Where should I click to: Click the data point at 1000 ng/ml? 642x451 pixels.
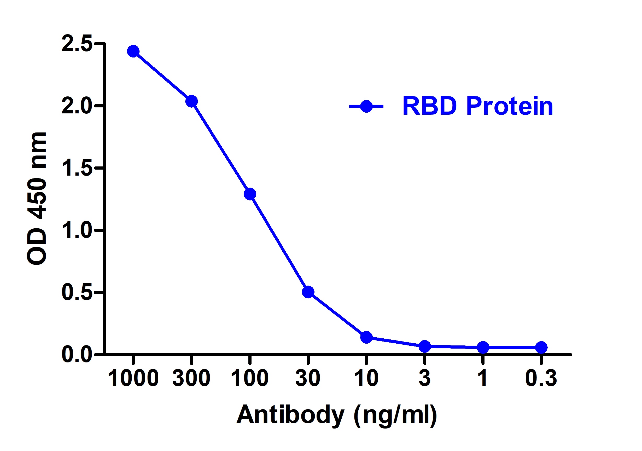tap(133, 51)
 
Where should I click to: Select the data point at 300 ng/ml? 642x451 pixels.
tap(191, 101)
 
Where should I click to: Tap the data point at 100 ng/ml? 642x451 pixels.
tap(250, 194)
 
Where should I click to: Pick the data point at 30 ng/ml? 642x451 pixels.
tap(308, 292)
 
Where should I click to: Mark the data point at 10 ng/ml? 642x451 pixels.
tap(366, 337)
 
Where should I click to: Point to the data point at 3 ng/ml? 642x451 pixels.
tap(424, 346)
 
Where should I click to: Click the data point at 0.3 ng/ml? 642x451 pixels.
tap(541, 348)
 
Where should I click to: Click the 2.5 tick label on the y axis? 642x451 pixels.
tap(77, 44)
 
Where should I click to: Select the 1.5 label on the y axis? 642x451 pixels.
tap(77, 168)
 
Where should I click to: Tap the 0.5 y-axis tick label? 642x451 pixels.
tap(77, 293)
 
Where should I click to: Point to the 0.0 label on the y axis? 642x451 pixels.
tap(77, 355)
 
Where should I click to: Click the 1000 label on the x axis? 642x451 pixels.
tap(133, 378)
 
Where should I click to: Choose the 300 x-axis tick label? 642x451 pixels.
tap(191, 378)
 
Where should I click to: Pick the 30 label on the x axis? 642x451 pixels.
tap(308, 378)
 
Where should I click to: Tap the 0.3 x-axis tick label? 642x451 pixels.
tap(541, 378)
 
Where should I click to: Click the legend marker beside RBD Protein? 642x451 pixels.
tap(366, 106)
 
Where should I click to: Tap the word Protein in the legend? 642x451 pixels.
tap(510, 106)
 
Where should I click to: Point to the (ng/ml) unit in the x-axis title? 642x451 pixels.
tap(395, 415)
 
